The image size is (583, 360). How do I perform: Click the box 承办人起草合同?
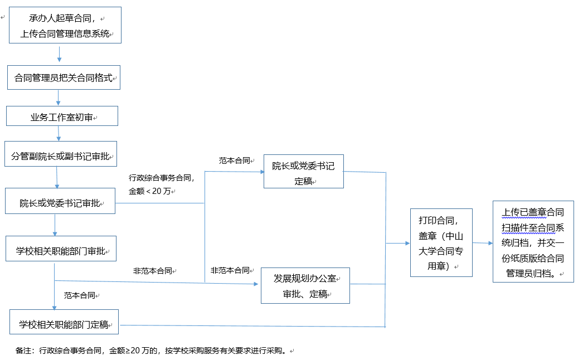pos(65,26)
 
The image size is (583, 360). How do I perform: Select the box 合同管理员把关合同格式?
pos(64,77)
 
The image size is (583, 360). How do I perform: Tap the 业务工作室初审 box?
pos(62,117)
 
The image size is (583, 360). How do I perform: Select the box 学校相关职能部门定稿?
pos(64,324)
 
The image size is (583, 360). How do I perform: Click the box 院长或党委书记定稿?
pos(303,173)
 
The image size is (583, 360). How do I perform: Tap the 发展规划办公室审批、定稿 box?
pos(305,286)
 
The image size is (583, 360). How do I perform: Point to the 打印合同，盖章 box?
pos(441,242)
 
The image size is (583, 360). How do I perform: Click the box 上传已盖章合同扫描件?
pos(533,242)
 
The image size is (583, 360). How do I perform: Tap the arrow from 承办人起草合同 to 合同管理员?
pos(59,54)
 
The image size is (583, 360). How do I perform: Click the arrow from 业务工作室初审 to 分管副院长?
pos(59,133)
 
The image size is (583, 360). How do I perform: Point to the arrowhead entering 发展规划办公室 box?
pos(256,284)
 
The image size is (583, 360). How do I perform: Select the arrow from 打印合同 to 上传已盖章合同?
pos(483,243)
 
